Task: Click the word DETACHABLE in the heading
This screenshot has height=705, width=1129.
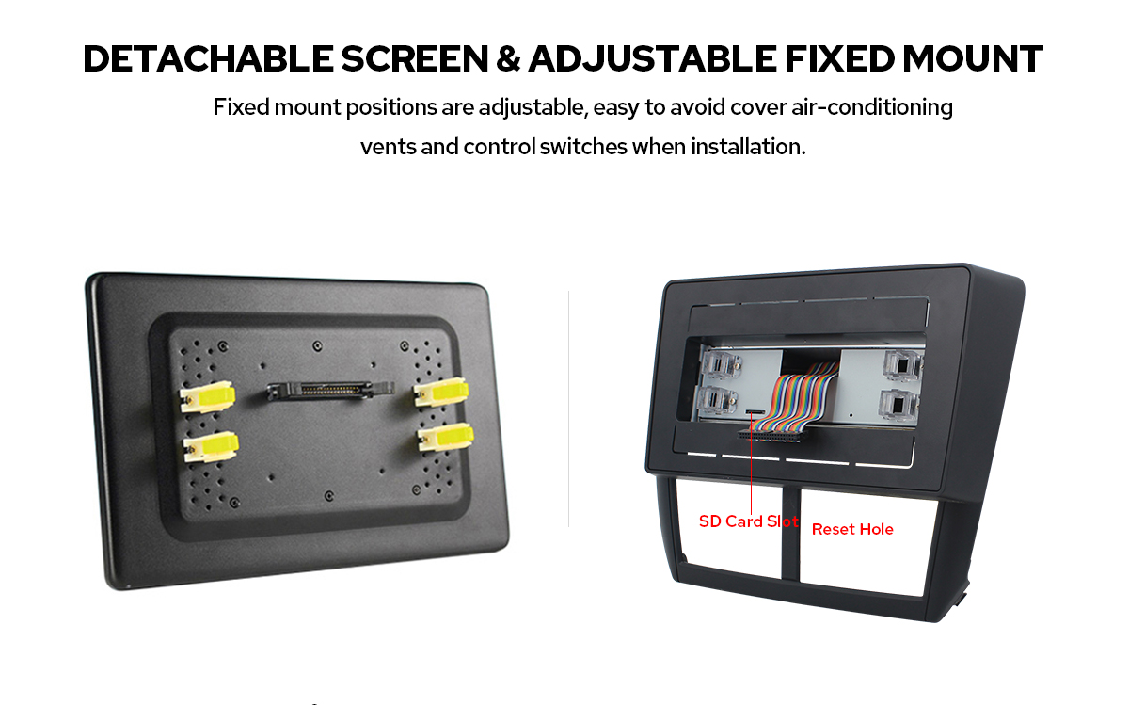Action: [x=208, y=59]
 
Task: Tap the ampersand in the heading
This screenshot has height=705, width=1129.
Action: [x=508, y=59]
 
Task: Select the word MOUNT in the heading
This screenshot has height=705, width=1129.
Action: [x=973, y=59]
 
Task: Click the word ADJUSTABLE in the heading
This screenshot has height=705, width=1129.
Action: [x=652, y=59]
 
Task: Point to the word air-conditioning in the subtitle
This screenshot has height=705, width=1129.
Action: [x=872, y=107]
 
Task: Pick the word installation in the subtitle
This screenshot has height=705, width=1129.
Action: [x=748, y=147]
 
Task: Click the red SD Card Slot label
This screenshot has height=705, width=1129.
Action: [x=749, y=521]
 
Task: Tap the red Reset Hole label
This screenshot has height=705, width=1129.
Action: [x=852, y=529]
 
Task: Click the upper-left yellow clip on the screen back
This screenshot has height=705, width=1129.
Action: [x=207, y=397]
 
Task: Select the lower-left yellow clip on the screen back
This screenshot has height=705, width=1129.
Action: [x=211, y=447]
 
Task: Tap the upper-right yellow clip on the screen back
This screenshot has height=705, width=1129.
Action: [x=441, y=392]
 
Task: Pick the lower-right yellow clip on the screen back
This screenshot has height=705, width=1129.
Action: [x=446, y=437]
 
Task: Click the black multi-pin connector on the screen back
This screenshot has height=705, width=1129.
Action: [x=330, y=391]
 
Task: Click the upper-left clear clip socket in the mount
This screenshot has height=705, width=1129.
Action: [x=722, y=365]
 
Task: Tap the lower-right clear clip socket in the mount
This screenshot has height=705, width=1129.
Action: [x=899, y=406]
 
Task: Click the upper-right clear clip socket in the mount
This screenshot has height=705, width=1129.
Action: [x=902, y=364]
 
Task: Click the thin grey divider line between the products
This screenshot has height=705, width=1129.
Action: [x=568, y=409]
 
